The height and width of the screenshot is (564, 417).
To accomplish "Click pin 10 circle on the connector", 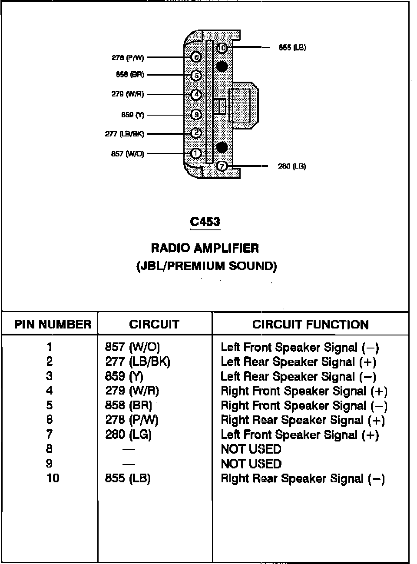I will pyautogui.click(x=222, y=48).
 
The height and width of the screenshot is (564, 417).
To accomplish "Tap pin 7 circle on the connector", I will pyautogui.click(x=222, y=166).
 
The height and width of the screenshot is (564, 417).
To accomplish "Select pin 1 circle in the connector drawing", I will pyautogui.click(x=196, y=153).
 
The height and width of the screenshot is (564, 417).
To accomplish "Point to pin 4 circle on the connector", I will pyautogui.click(x=196, y=94).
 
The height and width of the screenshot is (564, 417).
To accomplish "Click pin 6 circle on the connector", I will pyautogui.click(x=196, y=57).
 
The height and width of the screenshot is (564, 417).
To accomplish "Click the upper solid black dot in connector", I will pyautogui.click(x=222, y=66).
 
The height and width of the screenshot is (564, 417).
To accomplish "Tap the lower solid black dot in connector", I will pyautogui.click(x=222, y=147).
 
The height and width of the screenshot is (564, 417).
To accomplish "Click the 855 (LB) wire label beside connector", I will pyautogui.click(x=292, y=47).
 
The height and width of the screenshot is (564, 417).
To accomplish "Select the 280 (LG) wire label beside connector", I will pyautogui.click(x=291, y=166).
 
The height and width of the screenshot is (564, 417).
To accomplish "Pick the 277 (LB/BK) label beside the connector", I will pyautogui.click(x=124, y=134).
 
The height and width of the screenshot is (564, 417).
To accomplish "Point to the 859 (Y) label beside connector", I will pyautogui.click(x=132, y=115).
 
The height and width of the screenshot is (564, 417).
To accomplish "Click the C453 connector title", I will pyautogui.click(x=205, y=222).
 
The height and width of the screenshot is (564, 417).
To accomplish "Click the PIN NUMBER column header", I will pyautogui.click(x=53, y=324).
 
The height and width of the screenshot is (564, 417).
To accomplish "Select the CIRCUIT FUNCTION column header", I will pyautogui.click(x=310, y=325).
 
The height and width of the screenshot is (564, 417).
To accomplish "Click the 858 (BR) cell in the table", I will pyautogui.click(x=129, y=405).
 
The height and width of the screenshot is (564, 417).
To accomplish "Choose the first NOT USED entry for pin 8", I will pyautogui.click(x=251, y=449).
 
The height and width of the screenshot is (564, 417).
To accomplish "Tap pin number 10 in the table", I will pyautogui.click(x=53, y=478).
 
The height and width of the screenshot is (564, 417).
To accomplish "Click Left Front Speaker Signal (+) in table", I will pyautogui.click(x=299, y=435).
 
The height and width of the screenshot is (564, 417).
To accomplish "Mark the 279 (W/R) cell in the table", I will pyautogui.click(x=132, y=391).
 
